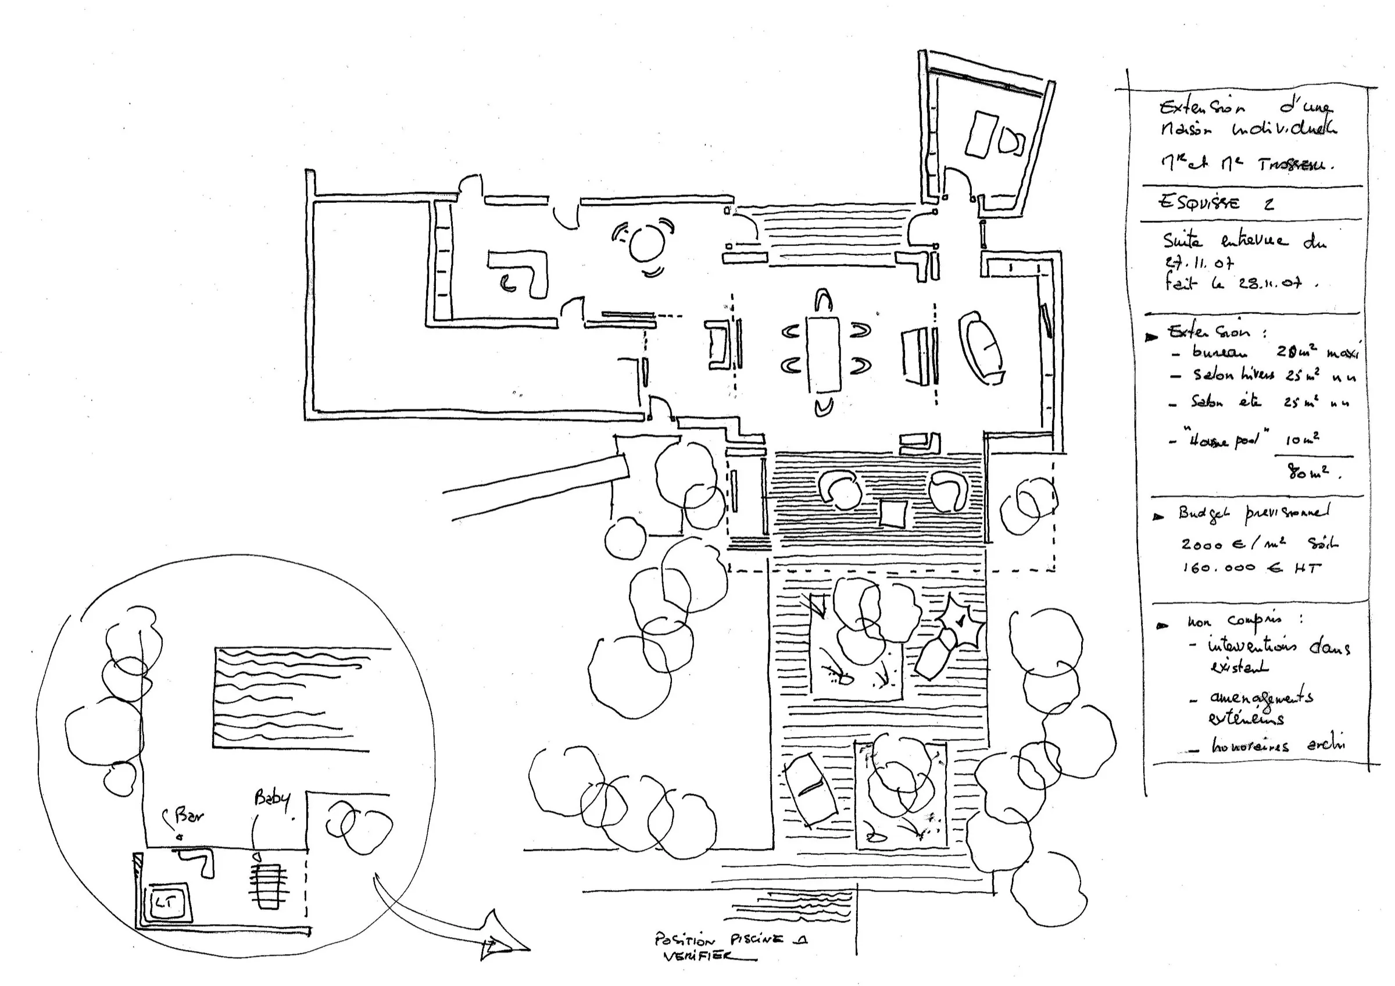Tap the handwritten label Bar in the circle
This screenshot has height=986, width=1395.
point(188,815)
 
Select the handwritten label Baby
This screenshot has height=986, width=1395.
point(271,798)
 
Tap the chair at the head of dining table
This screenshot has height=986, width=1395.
point(823,301)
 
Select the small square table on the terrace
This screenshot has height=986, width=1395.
point(893,513)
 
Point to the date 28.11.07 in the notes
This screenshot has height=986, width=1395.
point(1270,283)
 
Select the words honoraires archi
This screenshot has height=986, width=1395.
point(1276,745)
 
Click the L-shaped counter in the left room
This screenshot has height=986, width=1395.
point(523,273)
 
